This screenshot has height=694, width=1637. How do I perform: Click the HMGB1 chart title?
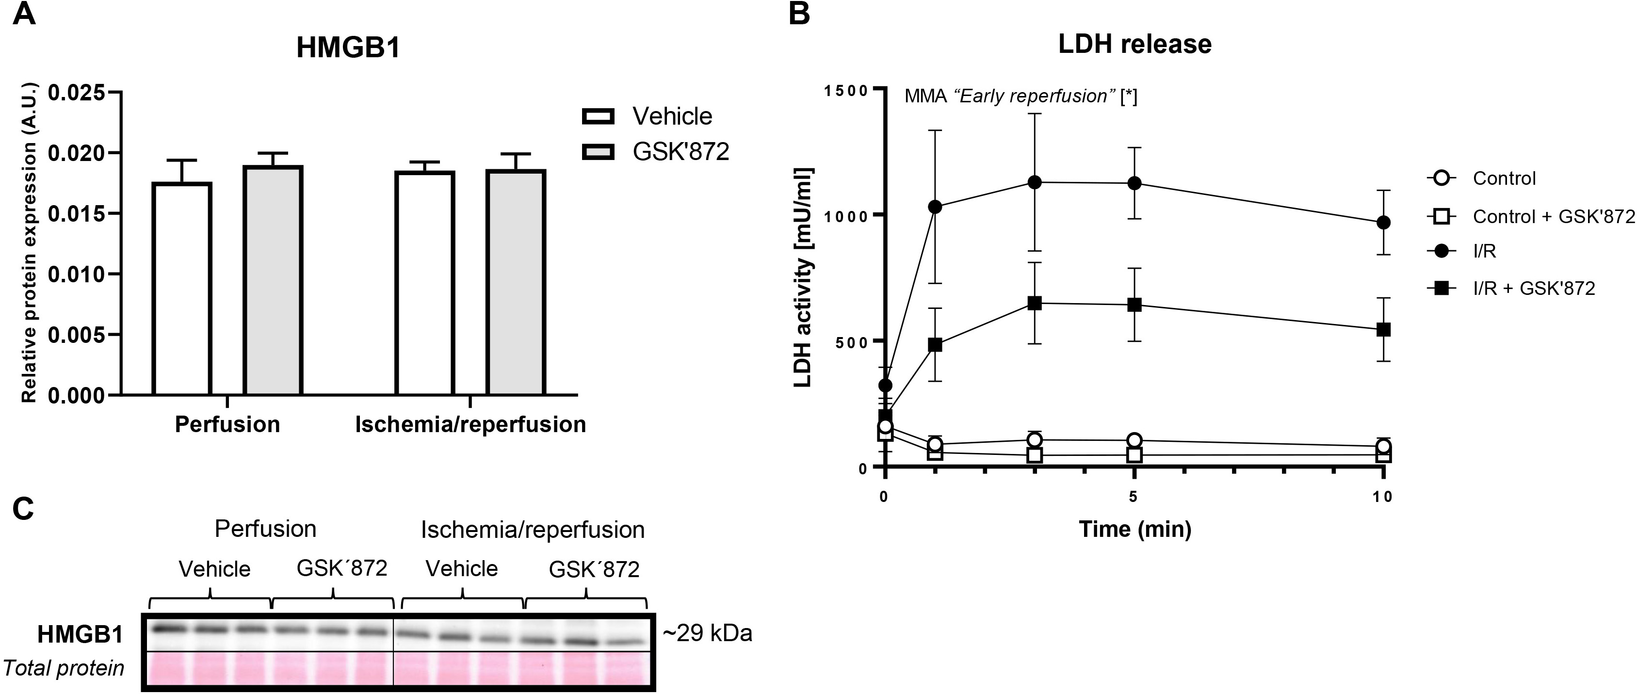coord(348,48)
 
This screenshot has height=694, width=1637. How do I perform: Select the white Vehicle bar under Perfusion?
coord(182,289)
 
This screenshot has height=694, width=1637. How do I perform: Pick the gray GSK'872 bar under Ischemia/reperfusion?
coord(516,283)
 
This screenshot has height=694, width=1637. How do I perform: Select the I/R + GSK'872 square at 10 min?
coord(1383,329)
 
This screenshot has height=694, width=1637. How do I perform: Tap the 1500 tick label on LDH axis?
coord(846,90)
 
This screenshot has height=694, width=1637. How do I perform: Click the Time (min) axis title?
coord(1135,529)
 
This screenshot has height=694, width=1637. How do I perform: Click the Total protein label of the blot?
coord(64,668)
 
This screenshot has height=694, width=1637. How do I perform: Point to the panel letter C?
coord(23,509)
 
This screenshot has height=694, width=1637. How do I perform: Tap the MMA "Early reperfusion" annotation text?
coord(1021,96)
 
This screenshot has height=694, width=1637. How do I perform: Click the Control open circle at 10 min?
coord(1383,447)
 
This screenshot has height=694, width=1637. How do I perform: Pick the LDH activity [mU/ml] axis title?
coord(803,277)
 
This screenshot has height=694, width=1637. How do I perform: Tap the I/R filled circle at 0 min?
coord(885,385)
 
